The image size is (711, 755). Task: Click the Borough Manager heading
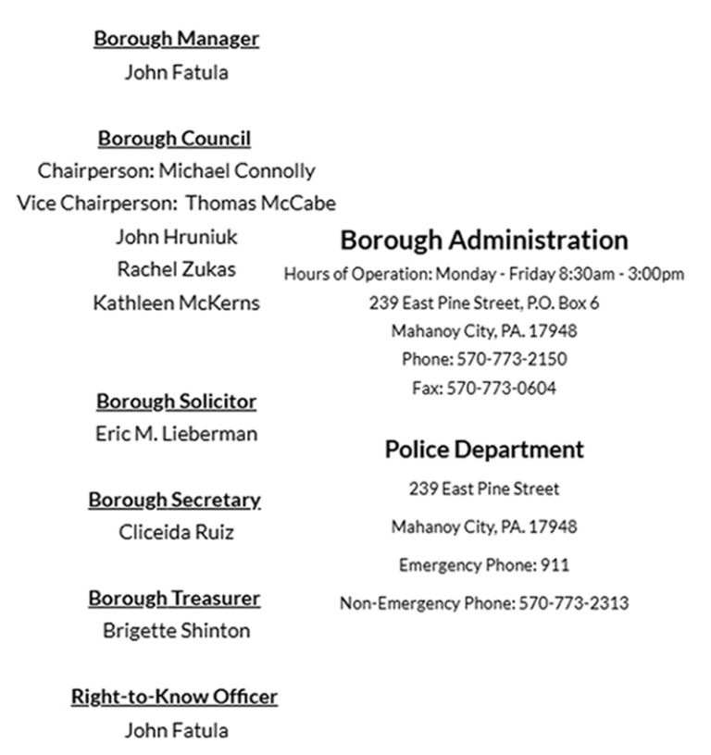tap(176, 39)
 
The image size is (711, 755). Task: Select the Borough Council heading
tap(174, 139)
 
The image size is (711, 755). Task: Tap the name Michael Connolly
tap(237, 171)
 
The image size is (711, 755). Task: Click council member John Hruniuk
tap(176, 237)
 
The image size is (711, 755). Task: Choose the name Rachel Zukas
tap(176, 269)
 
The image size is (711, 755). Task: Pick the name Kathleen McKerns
tap(176, 303)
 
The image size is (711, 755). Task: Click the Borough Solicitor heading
tap(176, 402)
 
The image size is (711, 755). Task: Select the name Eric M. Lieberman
tap(176, 434)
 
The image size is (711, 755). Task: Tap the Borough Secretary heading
tap(174, 500)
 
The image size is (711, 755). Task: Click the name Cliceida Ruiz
tap(176, 532)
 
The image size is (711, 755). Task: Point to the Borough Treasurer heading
tap(174, 599)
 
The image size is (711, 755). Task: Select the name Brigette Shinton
tap(176, 631)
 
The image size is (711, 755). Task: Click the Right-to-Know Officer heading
tap(174, 697)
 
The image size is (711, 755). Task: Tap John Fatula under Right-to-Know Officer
tap(176, 730)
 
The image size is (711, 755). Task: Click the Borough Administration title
tap(484, 241)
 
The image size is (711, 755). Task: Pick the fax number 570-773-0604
tap(502, 389)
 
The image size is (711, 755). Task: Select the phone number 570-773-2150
tap(510, 360)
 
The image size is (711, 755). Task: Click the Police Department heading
tap(484, 450)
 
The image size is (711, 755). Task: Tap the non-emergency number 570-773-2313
tap(573, 603)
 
